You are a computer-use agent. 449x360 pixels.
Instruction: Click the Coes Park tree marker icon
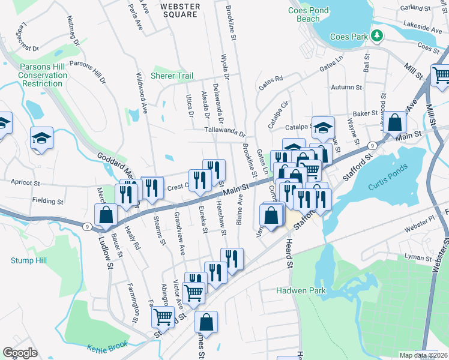(376, 36)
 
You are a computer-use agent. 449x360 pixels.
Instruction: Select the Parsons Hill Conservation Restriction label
(43, 75)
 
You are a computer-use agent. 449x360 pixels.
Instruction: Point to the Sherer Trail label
(172, 76)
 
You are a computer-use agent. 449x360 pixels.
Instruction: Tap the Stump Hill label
(28, 260)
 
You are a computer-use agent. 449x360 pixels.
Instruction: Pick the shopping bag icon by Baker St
(395, 122)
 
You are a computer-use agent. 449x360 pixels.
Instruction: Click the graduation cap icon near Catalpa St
(323, 127)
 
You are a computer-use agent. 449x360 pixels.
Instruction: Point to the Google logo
(20, 353)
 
